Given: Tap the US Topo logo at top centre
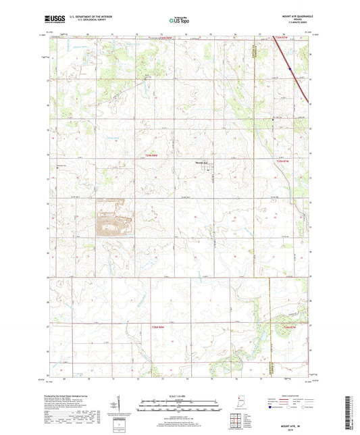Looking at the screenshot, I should click(x=179, y=20).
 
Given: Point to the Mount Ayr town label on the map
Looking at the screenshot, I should click(x=203, y=161).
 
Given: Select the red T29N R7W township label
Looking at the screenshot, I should click(x=283, y=161).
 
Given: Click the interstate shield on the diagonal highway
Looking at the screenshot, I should click(x=289, y=68).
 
